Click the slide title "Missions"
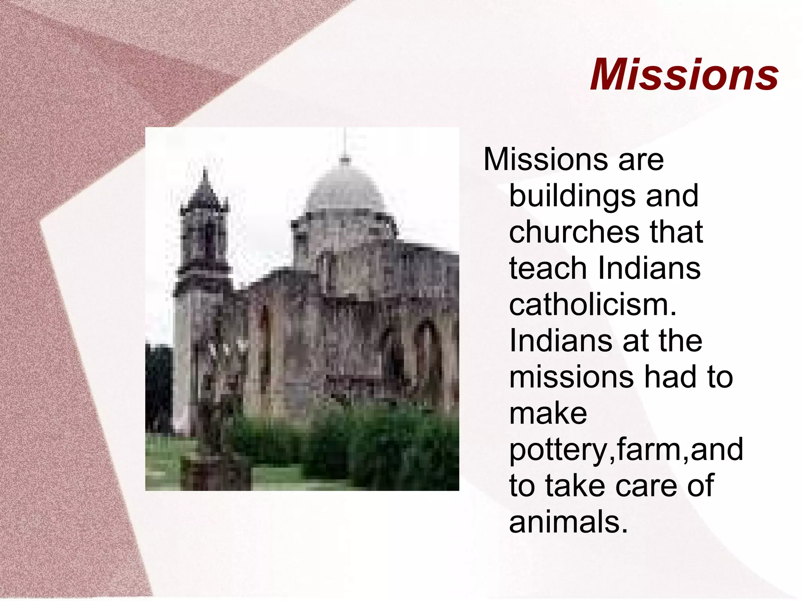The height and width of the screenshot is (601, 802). point(684,74)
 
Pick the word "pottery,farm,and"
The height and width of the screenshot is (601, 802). point(626,449)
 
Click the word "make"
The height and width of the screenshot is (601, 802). point(548,413)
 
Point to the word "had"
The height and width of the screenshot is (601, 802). point(670,377)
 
